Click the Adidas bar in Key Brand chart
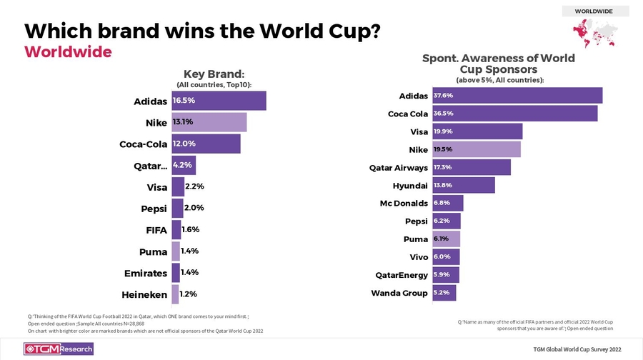tap(219, 101)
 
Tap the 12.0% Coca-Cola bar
tap(206, 144)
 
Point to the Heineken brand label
tap(144, 294)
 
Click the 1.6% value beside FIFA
tap(190, 230)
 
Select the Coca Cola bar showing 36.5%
tap(514, 114)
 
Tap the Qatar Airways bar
tap(471, 167)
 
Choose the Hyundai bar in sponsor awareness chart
tap(463, 186)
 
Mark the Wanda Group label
tap(399, 293)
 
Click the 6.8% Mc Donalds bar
tap(447, 204)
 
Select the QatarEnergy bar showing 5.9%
tap(445, 275)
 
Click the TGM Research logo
tap(59, 349)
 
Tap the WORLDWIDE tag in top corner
tap(594, 11)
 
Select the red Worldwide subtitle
tap(68, 52)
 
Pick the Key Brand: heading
tap(214, 74)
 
